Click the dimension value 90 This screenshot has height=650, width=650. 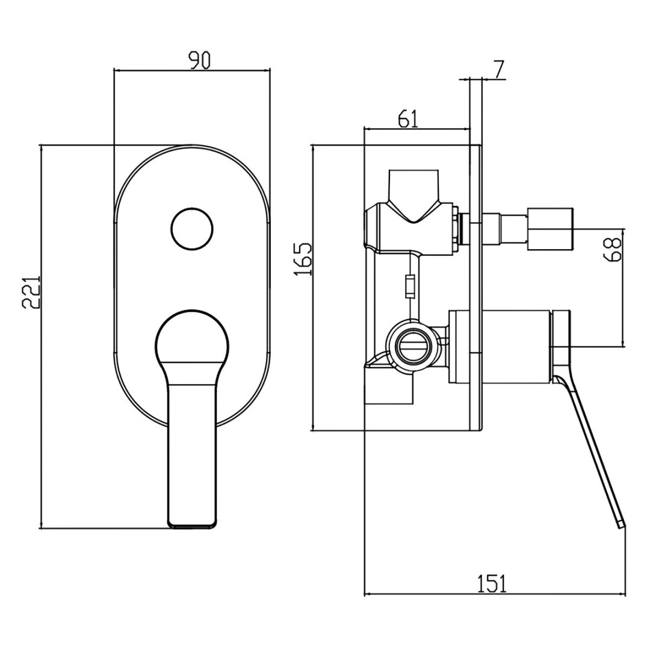click(199, 61)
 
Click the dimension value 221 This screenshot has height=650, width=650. click(32, 292)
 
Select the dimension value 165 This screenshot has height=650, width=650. click(304, 259)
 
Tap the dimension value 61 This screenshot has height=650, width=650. click(407, 119)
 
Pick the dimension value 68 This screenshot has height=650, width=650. click(613, 249)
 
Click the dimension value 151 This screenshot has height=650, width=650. click(492, 583)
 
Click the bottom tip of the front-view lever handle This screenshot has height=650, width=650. click(192, 525)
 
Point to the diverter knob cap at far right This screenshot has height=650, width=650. click(551, 229)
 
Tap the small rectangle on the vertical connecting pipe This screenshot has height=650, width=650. click(410, 286)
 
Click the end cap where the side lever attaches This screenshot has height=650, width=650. click(561, 346)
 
